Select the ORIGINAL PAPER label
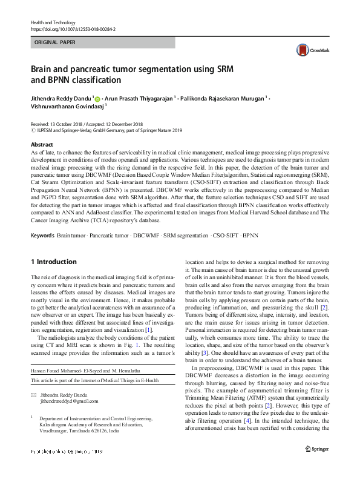(55, 42)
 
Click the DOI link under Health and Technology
(73, 28)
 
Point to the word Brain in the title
(43, 69)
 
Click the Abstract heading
(42, 145)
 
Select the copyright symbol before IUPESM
(33, 130)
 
